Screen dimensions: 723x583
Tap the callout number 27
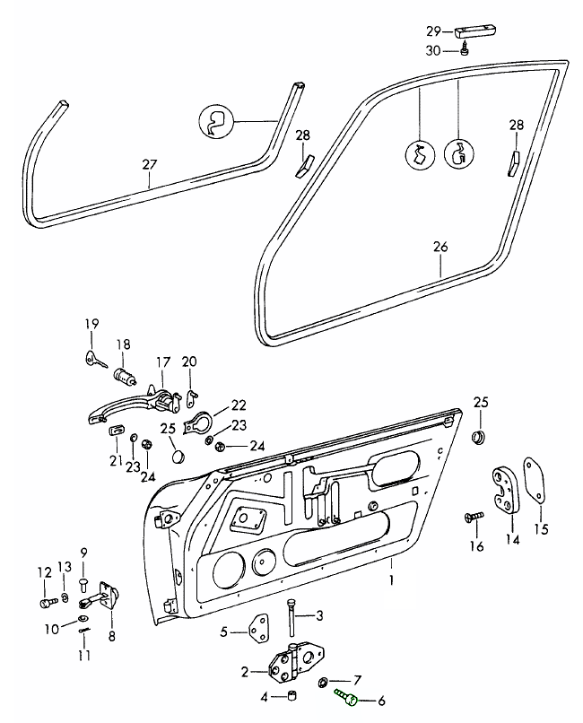149,164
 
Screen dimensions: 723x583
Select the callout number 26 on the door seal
439,246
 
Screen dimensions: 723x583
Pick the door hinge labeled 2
291,663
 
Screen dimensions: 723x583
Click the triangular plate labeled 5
260,631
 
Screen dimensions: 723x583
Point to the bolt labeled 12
47,600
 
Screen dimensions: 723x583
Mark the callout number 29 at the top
434,30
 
